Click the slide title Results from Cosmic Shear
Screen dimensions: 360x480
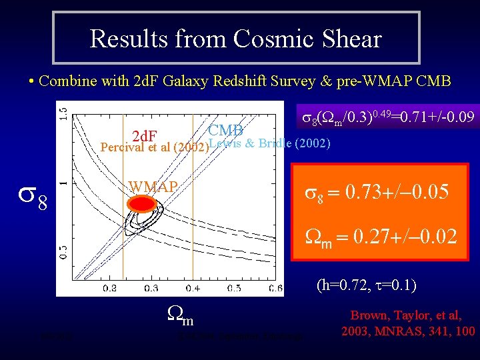[x=235, y=38]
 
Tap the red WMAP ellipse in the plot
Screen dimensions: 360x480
[x=142, y=203]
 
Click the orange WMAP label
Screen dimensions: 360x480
[x=153, y=186]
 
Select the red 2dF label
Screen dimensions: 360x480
[x=145, y=137]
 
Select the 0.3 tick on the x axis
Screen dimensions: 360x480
[x=151, y=288]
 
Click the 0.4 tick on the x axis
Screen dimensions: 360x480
[x=193, y=288]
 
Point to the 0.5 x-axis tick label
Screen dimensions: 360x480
[x=234, y=288]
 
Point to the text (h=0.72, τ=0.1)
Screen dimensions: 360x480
[x=377, y=286]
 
